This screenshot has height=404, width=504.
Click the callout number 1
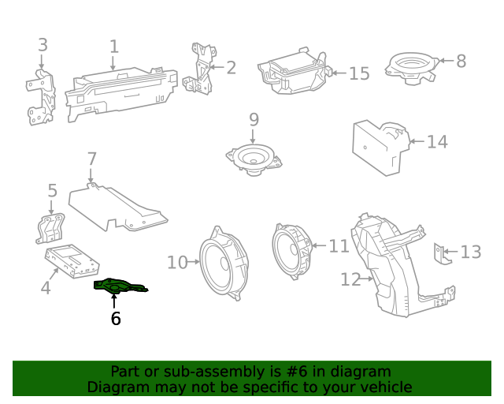[x=114, y=47]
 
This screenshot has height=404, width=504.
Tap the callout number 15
[x=358, y=73]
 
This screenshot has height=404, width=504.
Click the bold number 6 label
[x=116, y=319]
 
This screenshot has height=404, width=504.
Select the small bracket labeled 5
[x=52, y=226]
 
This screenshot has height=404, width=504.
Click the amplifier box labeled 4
[x=72, y=261]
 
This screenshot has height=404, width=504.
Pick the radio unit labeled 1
[x=122, y=93]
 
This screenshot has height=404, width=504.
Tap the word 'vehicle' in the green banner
[x=386, y=387]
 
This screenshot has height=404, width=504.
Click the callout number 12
[x=350, y=279]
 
